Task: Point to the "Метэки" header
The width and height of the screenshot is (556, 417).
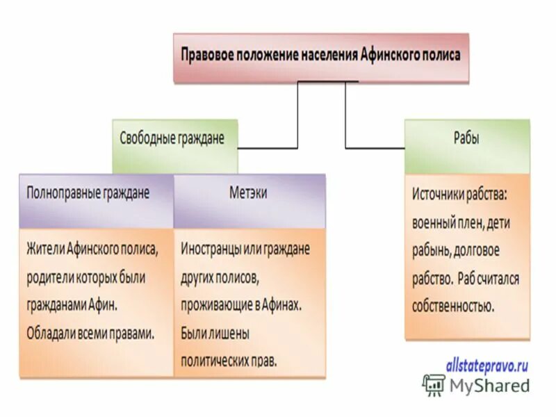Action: point(248,192)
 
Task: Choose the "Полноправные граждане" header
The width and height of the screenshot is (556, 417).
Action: point(88,192)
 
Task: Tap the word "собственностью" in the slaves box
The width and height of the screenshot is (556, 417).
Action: point(452,306)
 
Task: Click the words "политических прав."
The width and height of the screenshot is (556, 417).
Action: point(229,361)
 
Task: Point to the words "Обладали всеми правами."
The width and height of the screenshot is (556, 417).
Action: point(90,333)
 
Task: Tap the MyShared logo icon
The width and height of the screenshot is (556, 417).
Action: point(434,384)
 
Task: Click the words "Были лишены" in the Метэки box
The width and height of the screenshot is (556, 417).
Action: point(215,333)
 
